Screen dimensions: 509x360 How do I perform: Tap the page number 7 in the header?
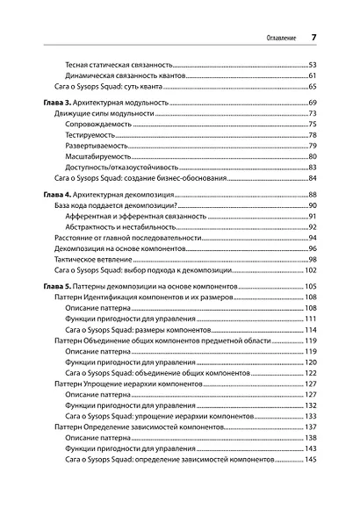pyautogui.click(x=314, y=37)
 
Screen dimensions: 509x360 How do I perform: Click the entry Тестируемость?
pyautogui.click(x=96, y=135)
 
